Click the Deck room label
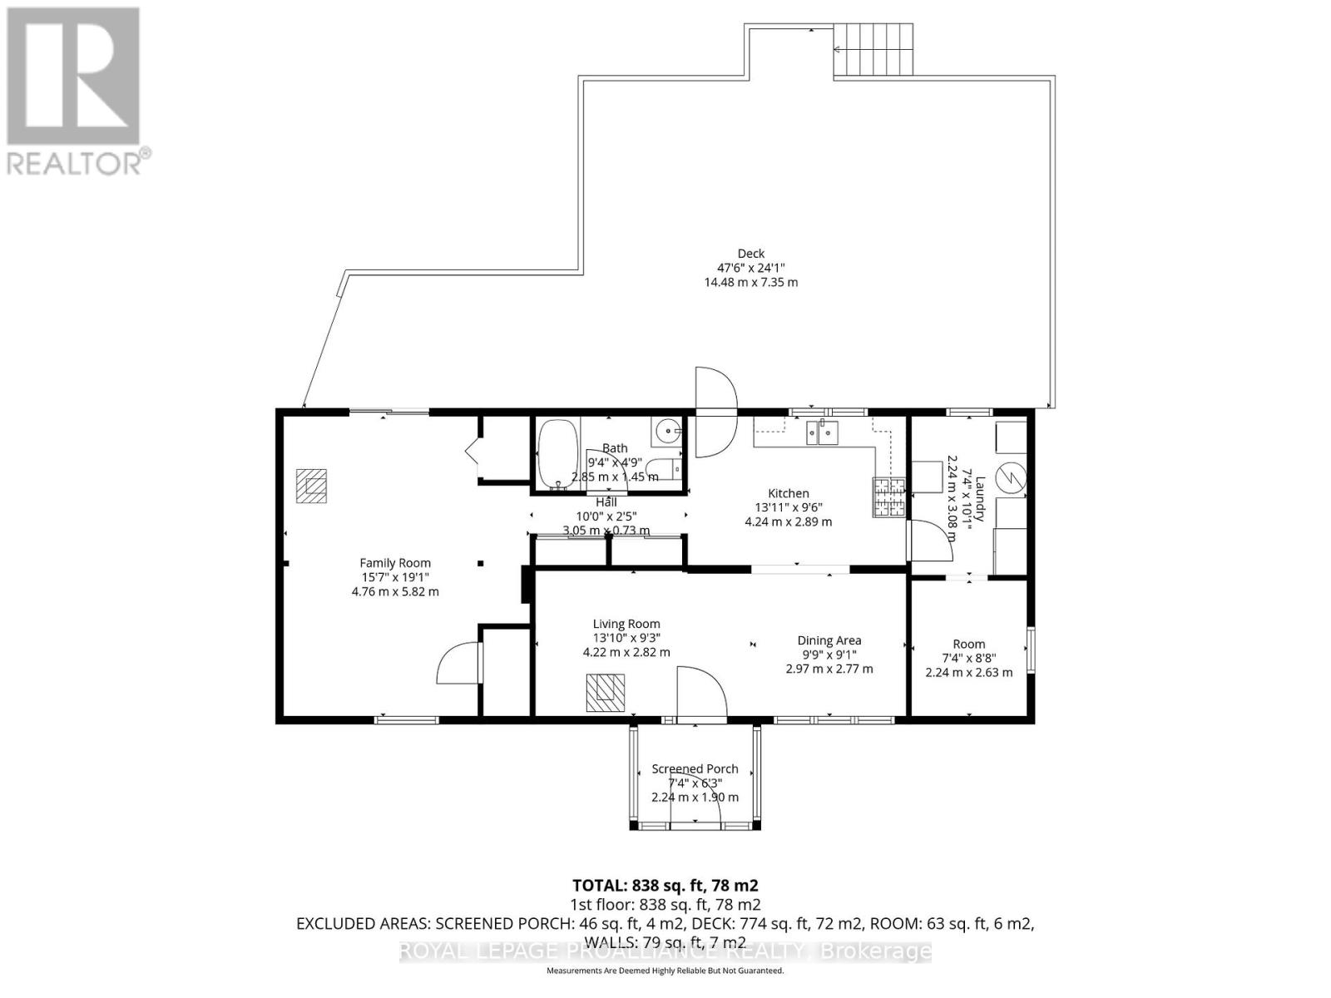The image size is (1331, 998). [x=750, y=254]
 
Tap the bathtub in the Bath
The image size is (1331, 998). [x=552, y=454]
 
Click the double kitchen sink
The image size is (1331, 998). [x=822, y=432]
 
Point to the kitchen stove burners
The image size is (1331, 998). [x=888, y=497]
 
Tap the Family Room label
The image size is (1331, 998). [x=395, y=563]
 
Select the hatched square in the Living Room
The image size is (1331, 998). [x=605, y=693]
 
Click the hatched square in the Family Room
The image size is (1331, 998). [x=312, y=486]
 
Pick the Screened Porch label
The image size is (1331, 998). [x=695, y=768]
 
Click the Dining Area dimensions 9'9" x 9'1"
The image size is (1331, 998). [x=829, y=655]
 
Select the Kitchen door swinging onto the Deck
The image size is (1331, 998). [x=715, y=412]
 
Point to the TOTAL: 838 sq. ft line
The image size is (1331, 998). [x=665, y=886]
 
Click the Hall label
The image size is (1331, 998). [x=606, y=502]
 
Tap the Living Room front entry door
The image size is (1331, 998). [x=700, y=695]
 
